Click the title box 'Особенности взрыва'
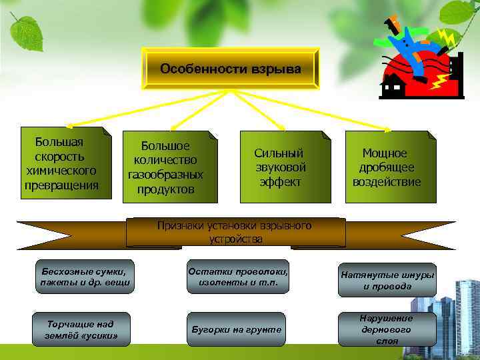click(230, 69)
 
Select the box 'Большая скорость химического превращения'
click(66, 164)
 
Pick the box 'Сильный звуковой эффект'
click(279, 167)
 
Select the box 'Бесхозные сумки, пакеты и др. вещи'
click(83, 277)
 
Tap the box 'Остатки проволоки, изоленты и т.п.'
click(238, 277)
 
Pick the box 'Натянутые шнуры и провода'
click(387, 280)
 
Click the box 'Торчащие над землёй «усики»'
click(82, 329)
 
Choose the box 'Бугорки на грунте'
click(237, 329)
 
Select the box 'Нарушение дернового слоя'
click(387, 329)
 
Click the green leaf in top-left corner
click(27, 30)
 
